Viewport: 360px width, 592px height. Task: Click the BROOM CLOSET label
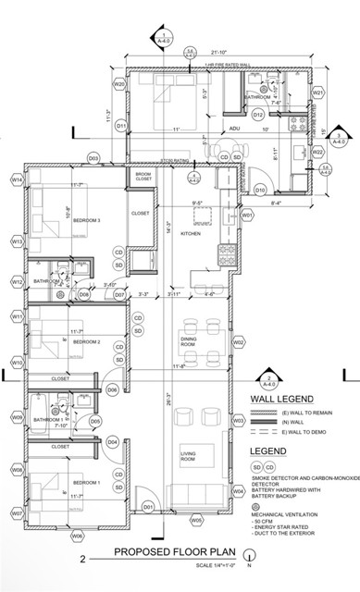143,176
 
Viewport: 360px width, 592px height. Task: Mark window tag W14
17,179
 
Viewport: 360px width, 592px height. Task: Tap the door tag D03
93,158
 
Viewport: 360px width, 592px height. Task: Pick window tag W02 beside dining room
238,342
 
